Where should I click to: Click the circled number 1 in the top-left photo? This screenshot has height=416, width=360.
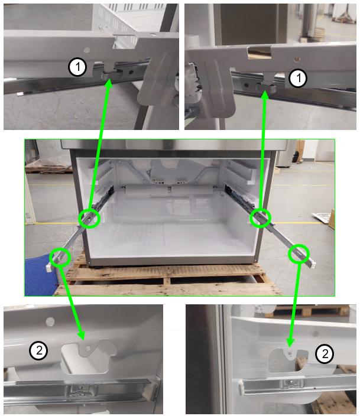coord(77,67)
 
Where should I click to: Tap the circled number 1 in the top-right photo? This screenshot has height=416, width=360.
coord(298,78)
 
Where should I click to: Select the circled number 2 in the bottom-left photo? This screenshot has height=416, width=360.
coord(39,350)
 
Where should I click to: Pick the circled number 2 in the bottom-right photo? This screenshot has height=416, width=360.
coord(325,353)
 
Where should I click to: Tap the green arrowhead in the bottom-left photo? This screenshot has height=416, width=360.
coord(82,335)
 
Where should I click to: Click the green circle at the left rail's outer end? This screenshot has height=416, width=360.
coord(60,257)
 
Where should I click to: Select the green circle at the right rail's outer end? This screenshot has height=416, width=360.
coord(299,254)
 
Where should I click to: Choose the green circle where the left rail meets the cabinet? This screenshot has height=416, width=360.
coord(90,219)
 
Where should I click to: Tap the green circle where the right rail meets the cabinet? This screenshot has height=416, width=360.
coord(261,218)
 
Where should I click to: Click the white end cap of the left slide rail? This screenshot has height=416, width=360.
coord(48,268)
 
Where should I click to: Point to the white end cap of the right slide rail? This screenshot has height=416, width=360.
coord(313,265)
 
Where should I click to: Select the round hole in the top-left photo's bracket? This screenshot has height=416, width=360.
coord(86,50)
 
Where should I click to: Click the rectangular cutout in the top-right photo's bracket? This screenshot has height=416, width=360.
coord(260,52)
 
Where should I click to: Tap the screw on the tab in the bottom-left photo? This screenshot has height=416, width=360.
coord(88,348)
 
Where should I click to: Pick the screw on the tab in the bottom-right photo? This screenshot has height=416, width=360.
coord(290,353)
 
